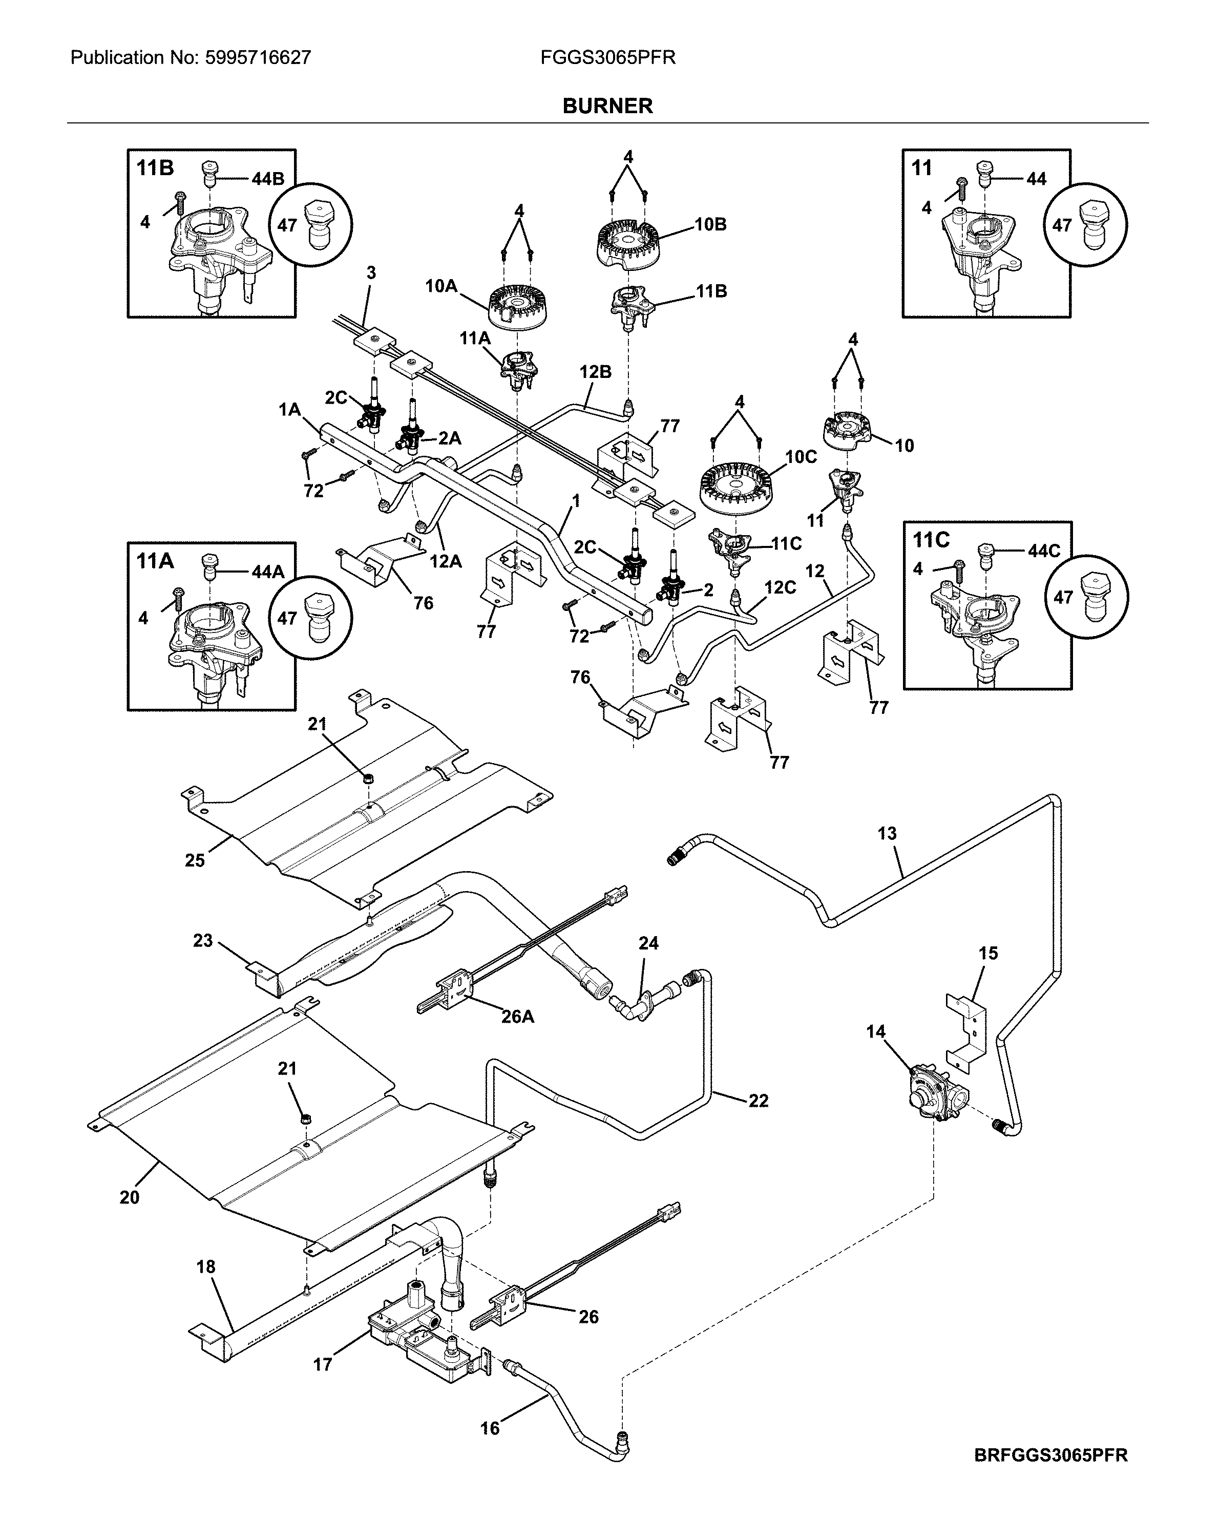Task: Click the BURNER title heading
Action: pos(607,106)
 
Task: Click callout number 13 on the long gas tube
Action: pos(887,833)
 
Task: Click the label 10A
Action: pos(441,286)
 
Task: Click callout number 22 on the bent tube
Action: pos(759,1100)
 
